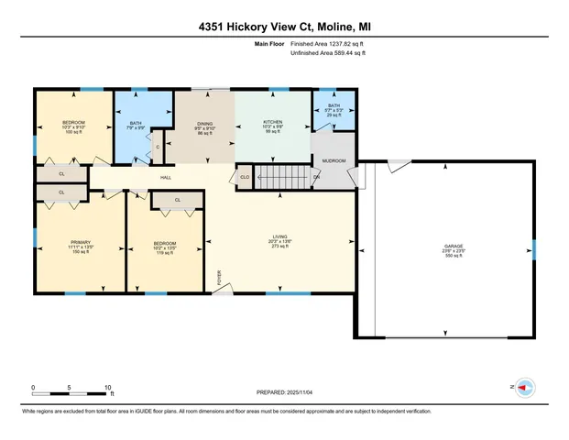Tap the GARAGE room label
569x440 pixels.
(x=453, y=246)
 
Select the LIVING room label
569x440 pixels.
(x=279, y=236)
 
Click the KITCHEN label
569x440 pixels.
(x=273, y=122)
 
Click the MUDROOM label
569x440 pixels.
(x=334, y=160)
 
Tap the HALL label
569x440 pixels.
(x=166, y=178)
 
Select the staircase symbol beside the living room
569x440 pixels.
(x=284, y=176)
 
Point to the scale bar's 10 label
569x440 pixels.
(x=108, y=387)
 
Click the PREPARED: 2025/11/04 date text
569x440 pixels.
(x=284, y=392)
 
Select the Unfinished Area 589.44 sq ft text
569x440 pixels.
(x=327, y=54)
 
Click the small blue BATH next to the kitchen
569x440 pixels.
(x=334, y=106)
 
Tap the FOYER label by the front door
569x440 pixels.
(x=219, y=277)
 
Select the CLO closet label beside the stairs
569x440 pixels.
(x=244, y=177)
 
